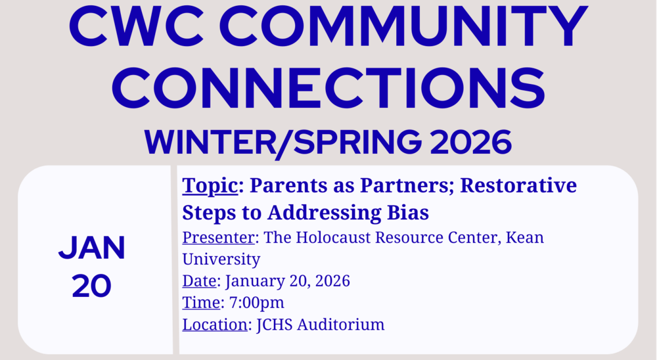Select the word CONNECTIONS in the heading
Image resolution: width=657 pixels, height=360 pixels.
(328, 87)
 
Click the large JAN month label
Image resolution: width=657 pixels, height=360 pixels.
(92, 248)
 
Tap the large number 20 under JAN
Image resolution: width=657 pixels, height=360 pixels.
(92, 286)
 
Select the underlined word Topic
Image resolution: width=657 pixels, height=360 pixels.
(210, 187)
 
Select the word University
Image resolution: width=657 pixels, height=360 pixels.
(221, 259)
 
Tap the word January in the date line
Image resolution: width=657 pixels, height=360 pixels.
(258, 281)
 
